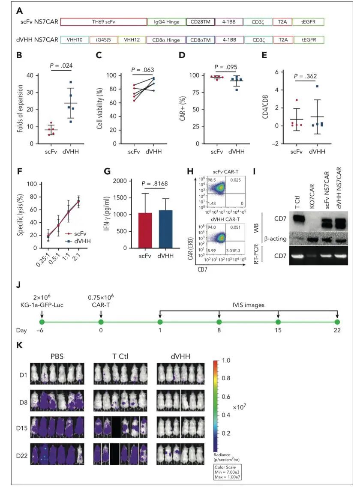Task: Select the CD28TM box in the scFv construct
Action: tap(198, 21)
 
